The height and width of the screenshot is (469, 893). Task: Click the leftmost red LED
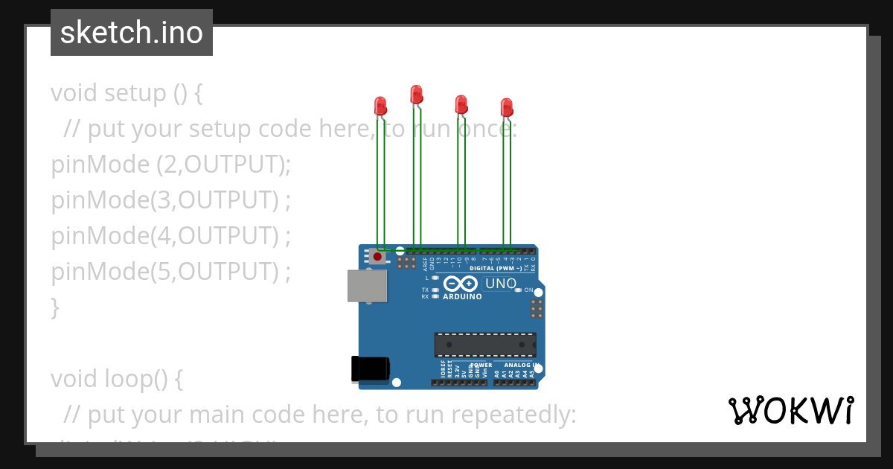click(x=380, y=105)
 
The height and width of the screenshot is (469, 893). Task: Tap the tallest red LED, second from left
click(x=416, y=94)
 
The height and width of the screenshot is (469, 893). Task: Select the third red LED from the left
click(x=461, y=103)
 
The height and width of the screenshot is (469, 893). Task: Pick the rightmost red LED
click(x=506, y=106)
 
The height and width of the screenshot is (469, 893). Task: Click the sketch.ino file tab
click(x=132, y=33)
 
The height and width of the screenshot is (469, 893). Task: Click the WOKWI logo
click(x=790, y=410)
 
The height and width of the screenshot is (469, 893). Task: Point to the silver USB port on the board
click(x=367, y=286)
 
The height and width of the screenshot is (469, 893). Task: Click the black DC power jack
click(x=370, y=369)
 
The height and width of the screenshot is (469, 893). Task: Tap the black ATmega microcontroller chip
click(x=485, y=345)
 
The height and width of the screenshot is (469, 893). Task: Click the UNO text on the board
click(x=500, y=284)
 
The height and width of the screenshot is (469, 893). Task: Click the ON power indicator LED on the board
click(x=519, y=290)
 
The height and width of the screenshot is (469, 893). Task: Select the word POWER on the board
click(x=481, y=365)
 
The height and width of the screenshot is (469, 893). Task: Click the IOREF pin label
click(x=443, y=372)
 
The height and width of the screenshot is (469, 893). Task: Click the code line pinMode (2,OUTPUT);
click(x=170, y=164)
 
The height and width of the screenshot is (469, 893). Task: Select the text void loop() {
click(x=117, y=378)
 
